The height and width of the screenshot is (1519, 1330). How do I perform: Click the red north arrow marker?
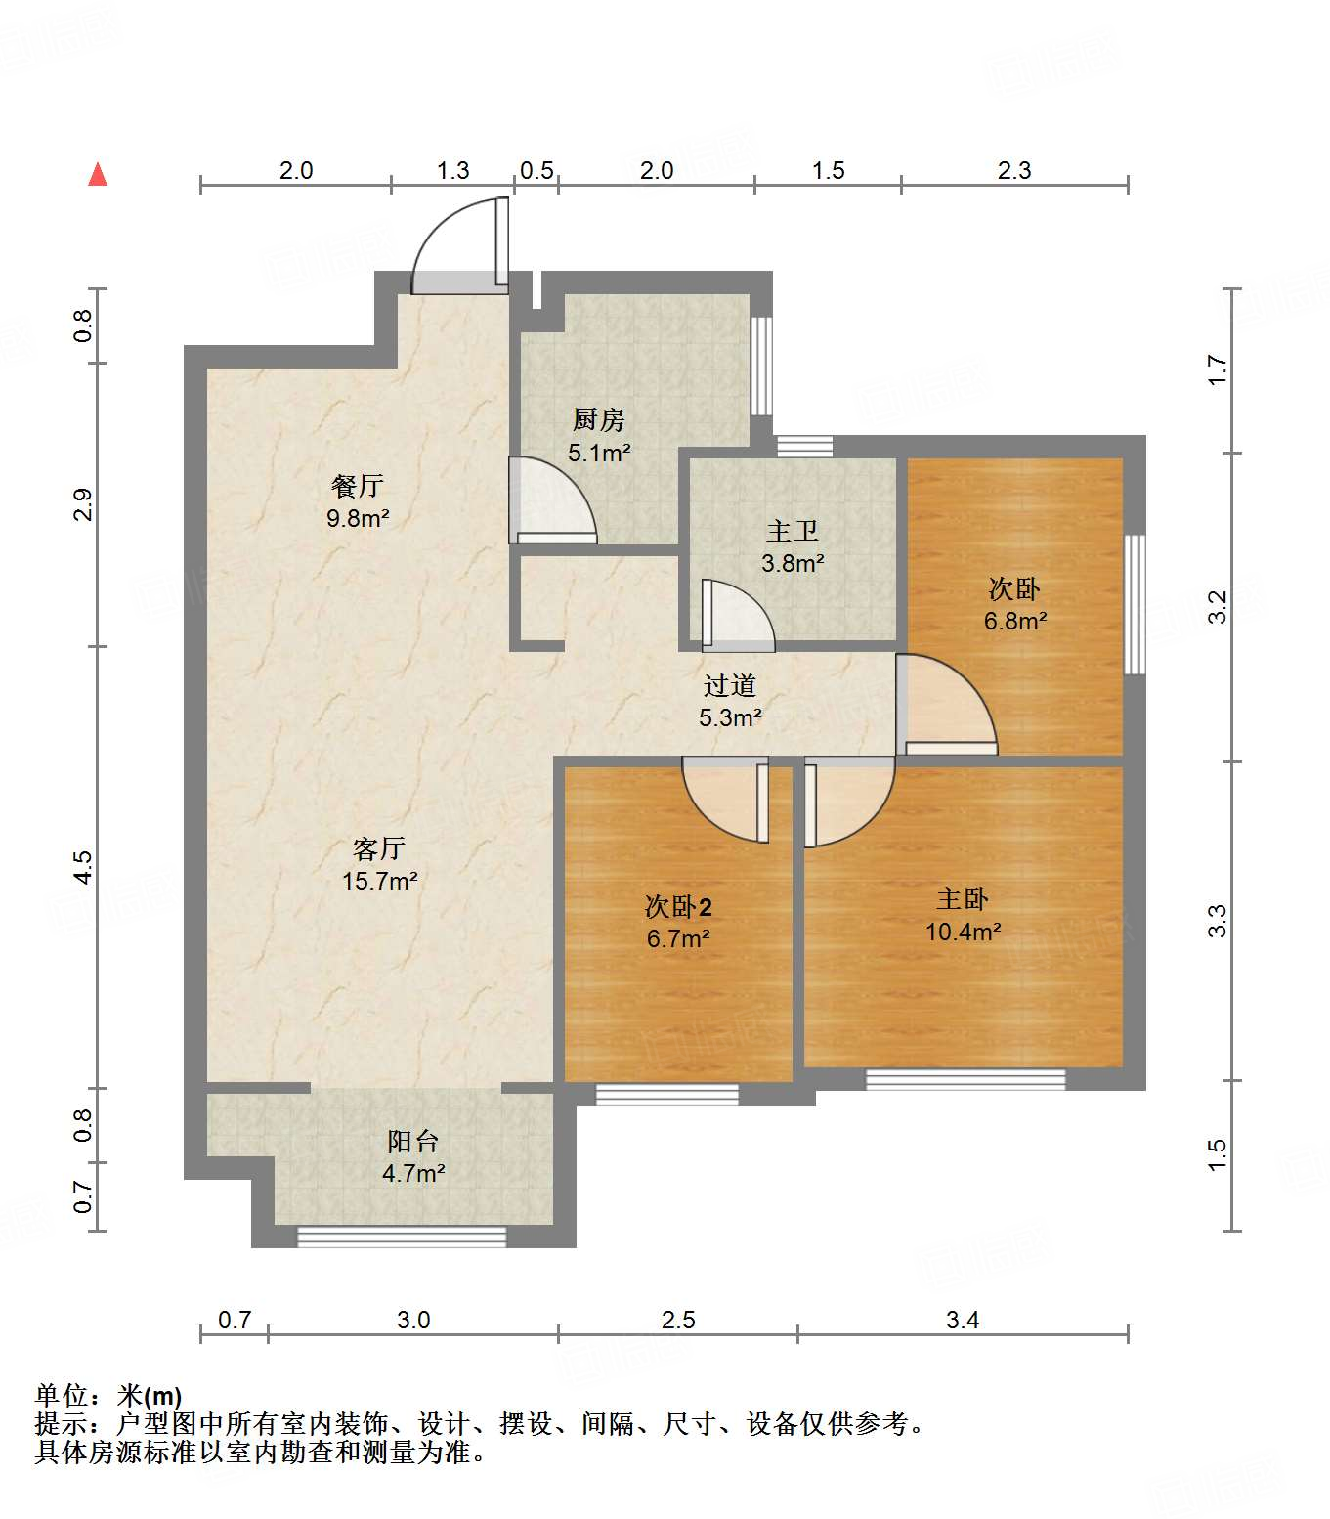tap(98, 174)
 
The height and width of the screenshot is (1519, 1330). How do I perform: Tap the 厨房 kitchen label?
tap(599, 420)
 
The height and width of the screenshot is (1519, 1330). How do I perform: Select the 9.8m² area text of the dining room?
tap(358, 517)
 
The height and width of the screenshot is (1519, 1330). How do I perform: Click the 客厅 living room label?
tap(379, 848)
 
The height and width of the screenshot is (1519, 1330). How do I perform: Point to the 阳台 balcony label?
tap(413, 1141)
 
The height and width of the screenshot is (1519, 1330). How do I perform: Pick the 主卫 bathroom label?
tap(793, 531)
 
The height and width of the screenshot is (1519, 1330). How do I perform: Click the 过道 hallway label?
tap(730, 685)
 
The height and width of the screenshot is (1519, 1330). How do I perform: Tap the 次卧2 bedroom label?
tap(678, 906)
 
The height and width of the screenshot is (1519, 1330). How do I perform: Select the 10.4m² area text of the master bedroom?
tap(963, 931)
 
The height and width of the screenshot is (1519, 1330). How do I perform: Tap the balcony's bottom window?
tap(402, 1237)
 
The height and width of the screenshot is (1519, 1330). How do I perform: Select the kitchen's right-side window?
tap(760, 366)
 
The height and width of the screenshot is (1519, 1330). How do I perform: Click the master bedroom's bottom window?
tap(965, 1079)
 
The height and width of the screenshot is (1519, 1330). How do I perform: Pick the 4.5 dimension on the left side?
tap(83, 867)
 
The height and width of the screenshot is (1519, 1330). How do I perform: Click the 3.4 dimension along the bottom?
tap(963, 1320)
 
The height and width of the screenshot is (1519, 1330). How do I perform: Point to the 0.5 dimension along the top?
tap(536, 171)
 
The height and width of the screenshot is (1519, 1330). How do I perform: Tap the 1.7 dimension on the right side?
tap(1218, 369)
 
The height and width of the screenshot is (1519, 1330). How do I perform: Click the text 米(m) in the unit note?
tap(150, 1397)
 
